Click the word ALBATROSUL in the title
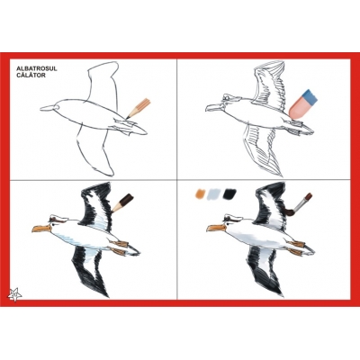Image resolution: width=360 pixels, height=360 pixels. pyautogui.click(x=37, y=68)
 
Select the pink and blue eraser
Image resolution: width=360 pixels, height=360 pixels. pyautogui.click(x=302, y=103)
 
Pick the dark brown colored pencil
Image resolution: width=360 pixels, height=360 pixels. pyautogui.click(x=122, y=202)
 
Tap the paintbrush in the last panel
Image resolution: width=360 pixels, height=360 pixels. pyautogui.click(x=298, y=204)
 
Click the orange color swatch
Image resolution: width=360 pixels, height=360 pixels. pyautogui.click(x=200, y=193)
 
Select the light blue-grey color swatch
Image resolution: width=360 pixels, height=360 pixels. pyautogui.click(x=214, y=193)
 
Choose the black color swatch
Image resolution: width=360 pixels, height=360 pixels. pyautogui.click(x=229, y=193)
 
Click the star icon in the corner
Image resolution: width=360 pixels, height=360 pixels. pyautogui.click(x=15, y=294)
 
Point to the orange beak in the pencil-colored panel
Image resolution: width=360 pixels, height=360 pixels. pyautogui.click(x=41, y=229)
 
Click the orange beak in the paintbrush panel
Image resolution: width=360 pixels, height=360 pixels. pyautogui.click(x=216, y=229)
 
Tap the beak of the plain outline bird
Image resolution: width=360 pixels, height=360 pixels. pyautogui.click(x=48, y=108)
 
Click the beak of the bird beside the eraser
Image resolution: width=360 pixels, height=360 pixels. pyautogui.click(x=214, y=107)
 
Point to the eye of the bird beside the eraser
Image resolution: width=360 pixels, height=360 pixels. pyautogui.click(x=228, y=98)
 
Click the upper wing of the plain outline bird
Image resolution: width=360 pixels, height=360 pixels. pyautogui.click(x=103, y=81)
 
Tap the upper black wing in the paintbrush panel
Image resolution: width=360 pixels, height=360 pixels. pyautogui.click(x=272, y=204)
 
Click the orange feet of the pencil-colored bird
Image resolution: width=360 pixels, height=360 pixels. pyautogui.click(x=120, y=247)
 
